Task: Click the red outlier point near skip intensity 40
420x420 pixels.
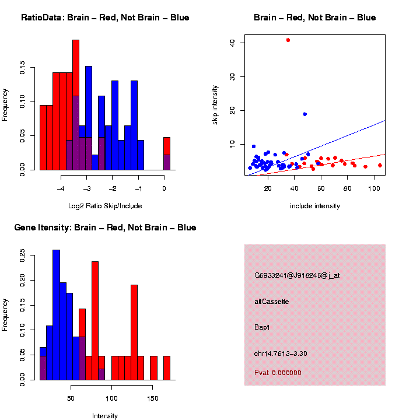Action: point(288,40)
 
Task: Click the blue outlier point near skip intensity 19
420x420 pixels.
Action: point(304,114)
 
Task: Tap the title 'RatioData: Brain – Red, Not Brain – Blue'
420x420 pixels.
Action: point(105,17)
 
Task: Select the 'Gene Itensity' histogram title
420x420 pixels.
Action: point(105,227)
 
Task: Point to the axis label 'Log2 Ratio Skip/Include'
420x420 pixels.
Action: point(105,205)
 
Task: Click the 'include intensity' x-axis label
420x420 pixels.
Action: point(315,205)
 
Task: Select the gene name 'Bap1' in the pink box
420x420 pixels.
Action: point(262,327)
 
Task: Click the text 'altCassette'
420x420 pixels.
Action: point(272,302)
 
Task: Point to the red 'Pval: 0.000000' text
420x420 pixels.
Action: point(278,372)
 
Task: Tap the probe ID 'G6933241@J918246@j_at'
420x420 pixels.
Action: point(297,275)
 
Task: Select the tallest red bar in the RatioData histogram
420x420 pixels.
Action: point(75,105)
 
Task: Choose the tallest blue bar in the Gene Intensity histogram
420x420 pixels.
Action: point(57,315)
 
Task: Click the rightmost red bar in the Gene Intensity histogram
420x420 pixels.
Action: point(166,367)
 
